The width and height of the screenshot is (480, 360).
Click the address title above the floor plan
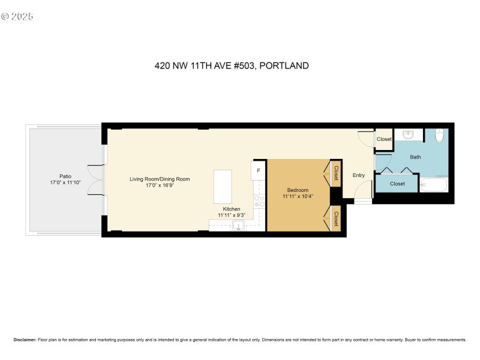pyautogui.click(x=232, y=66)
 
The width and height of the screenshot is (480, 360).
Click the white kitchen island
pyautogui.click(x=222, y=187)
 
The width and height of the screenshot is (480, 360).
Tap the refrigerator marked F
pyautogui.click(x=259, y=170)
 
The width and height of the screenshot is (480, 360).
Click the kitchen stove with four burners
pyautogui.click(x=259, y=202)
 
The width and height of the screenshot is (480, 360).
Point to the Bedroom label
pyautogui.click(x=298, y=190)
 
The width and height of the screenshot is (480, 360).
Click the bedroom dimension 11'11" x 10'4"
pyautogui.click(x=298, y=197)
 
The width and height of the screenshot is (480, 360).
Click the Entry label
pyautogui.click(x=358, y=175)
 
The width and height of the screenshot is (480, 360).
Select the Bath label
pyautogui.click(x=415, y=157)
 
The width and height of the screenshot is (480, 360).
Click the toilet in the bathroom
pyautogui.click(x=439, y=136)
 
